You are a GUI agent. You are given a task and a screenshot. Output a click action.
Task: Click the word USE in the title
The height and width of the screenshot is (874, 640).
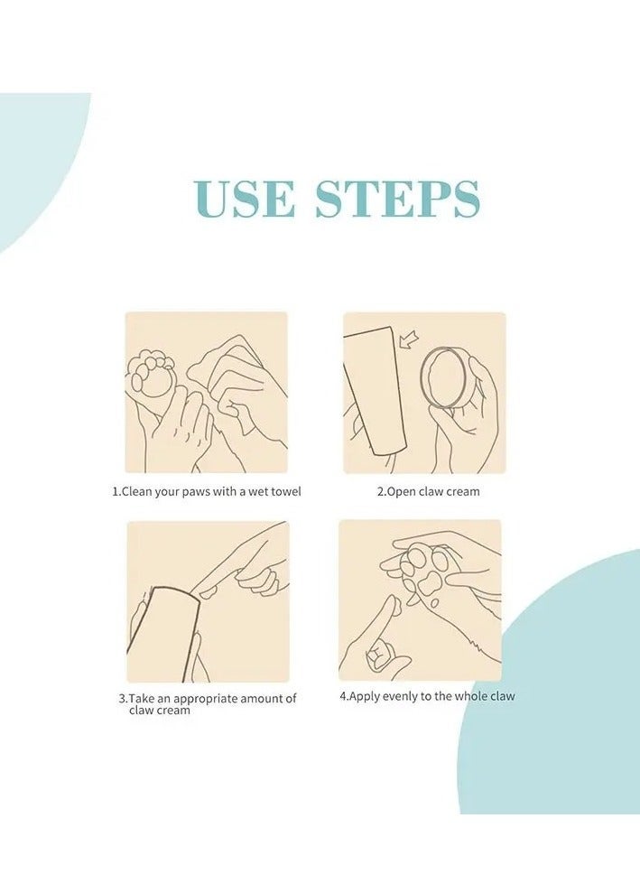coord(245,199)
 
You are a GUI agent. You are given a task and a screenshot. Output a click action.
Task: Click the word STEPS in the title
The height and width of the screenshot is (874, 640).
coord(397,199)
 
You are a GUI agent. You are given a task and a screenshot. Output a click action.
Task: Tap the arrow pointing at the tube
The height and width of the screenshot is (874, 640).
coord(410,339)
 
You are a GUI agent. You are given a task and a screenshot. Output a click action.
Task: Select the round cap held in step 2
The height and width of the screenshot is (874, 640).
coord(443,378)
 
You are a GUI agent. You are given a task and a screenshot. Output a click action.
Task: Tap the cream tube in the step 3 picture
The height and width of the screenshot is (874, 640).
coord(163,635)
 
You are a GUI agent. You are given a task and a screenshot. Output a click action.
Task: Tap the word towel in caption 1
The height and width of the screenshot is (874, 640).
coord(286,491)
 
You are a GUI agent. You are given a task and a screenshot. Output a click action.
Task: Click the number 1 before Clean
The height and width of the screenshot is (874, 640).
coord(116,491)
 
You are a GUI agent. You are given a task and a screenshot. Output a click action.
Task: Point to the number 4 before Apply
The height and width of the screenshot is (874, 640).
coord(343,696)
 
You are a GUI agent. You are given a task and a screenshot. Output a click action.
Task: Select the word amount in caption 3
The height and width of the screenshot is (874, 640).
coord(263,699)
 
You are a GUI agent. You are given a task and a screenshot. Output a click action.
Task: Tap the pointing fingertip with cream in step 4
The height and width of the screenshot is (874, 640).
coord(393,604)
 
